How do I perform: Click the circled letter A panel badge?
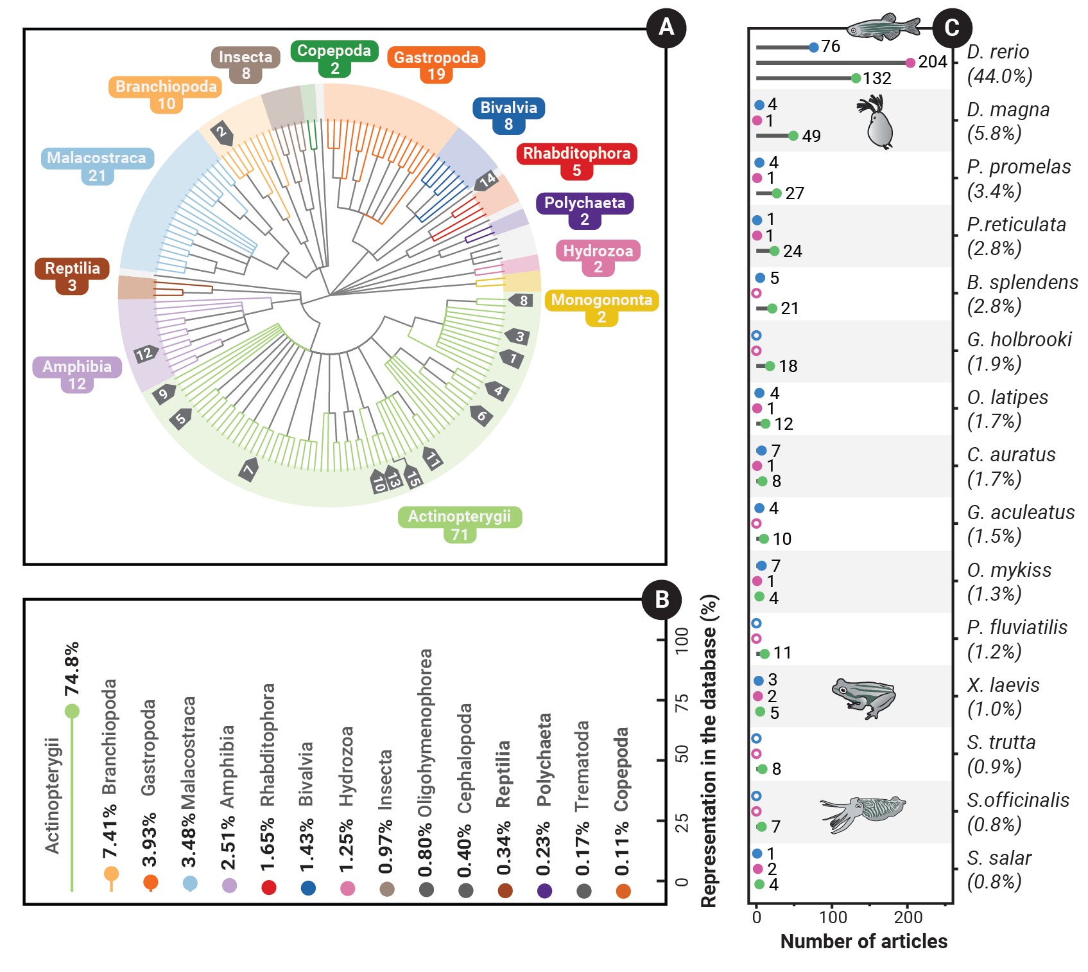coord(666,28)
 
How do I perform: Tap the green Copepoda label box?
coord(334,58)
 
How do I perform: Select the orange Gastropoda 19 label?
coord(436,65)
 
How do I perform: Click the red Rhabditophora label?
coord(576,161)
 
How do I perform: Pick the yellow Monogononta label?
coord(601,307)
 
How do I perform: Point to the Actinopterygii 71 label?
coord(460,524)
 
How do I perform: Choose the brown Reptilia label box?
coord(72,276)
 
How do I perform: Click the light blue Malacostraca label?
coord(97,166)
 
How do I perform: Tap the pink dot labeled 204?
coord(910,62)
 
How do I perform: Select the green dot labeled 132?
coord(855,78)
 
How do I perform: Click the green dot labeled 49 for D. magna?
coord(793,136)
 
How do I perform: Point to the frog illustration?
coord(864,698)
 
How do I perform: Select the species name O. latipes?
coord(1007,398)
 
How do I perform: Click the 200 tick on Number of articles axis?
coord(908,917)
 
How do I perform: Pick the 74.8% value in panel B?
coord(71,668)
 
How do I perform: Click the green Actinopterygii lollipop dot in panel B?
coord(72,711)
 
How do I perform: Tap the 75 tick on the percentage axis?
coord(682,700)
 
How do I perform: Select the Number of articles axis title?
coord(863,941)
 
